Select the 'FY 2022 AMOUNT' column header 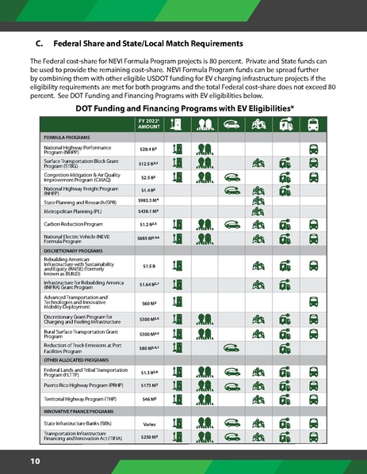click(148, 123)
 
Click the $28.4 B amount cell click(147, 149)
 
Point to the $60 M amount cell click(147, 303)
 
